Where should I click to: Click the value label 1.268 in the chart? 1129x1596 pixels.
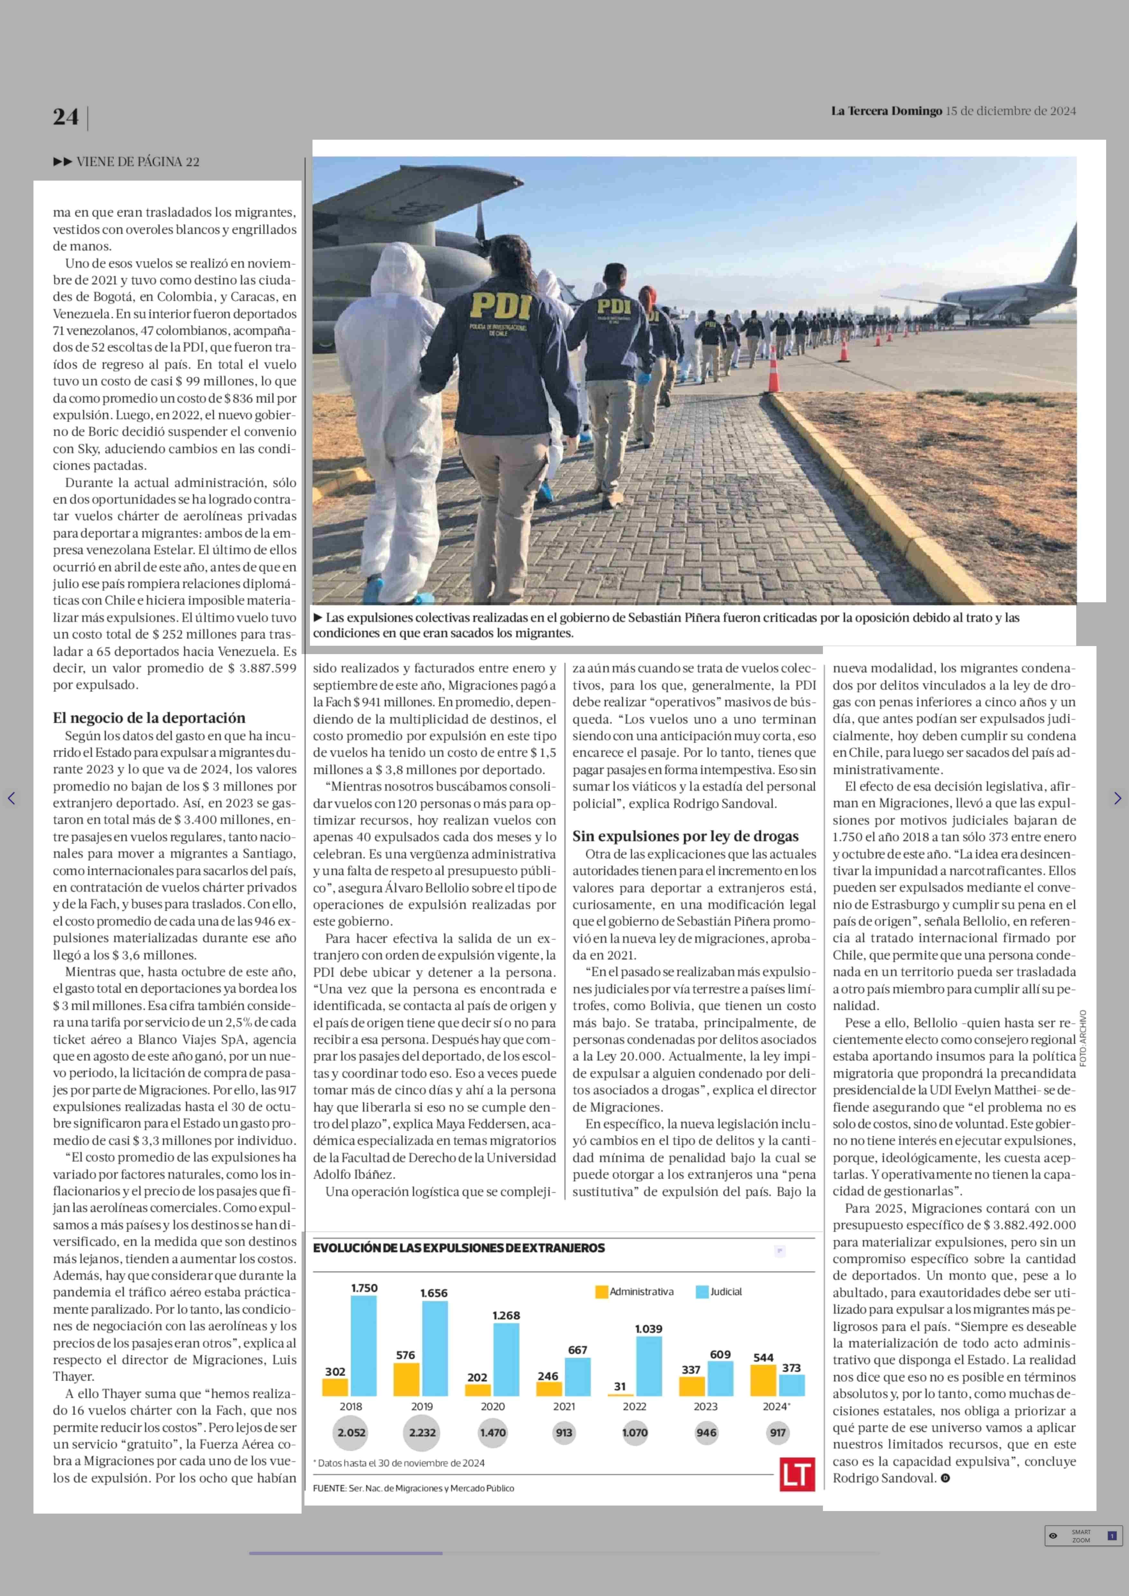tap(506, 1315)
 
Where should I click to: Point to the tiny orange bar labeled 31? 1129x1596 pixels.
tap(620, 1394)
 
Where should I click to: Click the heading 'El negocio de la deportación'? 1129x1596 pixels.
tap(149, 718)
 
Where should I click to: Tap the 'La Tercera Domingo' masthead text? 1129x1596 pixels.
tap(886, 110)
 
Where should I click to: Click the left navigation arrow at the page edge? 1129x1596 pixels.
tap(11, 798)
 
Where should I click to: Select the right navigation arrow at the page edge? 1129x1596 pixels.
tap(1117, 798)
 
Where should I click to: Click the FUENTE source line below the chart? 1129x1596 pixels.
tap(414, 1488)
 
